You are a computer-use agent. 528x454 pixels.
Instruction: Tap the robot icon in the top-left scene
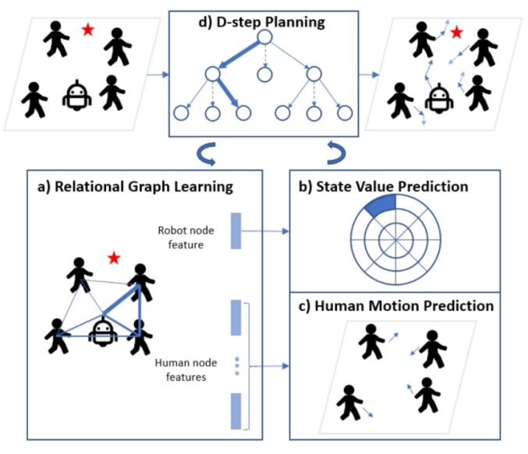76,97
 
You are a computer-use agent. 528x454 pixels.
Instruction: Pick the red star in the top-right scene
456,32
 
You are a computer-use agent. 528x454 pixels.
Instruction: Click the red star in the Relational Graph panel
114,257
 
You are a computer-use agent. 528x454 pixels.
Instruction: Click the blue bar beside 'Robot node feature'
237,231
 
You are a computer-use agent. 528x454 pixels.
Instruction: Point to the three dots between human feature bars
237,367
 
